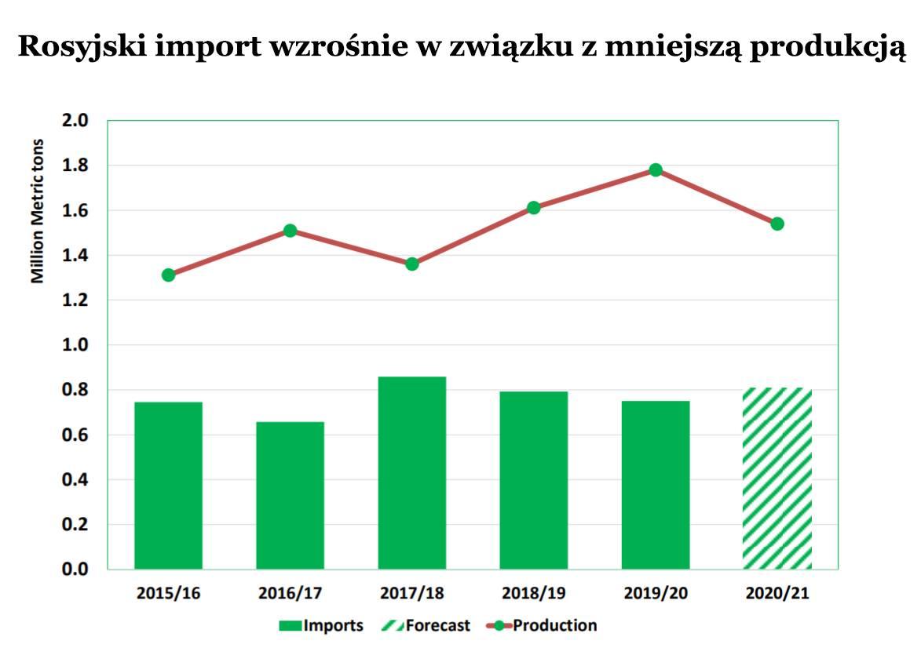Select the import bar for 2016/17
click(x=290, y=495)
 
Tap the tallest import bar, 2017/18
click(x=411, y=472)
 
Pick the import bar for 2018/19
click(x=533, y=479)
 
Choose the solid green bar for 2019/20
click(x=656, y=485)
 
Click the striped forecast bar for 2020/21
click(x=777, y=478)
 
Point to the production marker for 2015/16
click(x=168, y=275)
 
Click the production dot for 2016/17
click(x=290, y=231)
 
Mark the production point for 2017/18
click(x=412, y=264)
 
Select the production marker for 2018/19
click(x=534, y=208)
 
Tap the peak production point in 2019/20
click(x=656, y=170)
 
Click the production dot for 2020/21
click(x=777, y=224)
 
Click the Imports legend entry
click(x=321, y=626)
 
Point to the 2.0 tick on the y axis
click(x=76, y=121)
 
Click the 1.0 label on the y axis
click(x=76, y=345)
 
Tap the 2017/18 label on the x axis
click(x=411, y=593)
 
